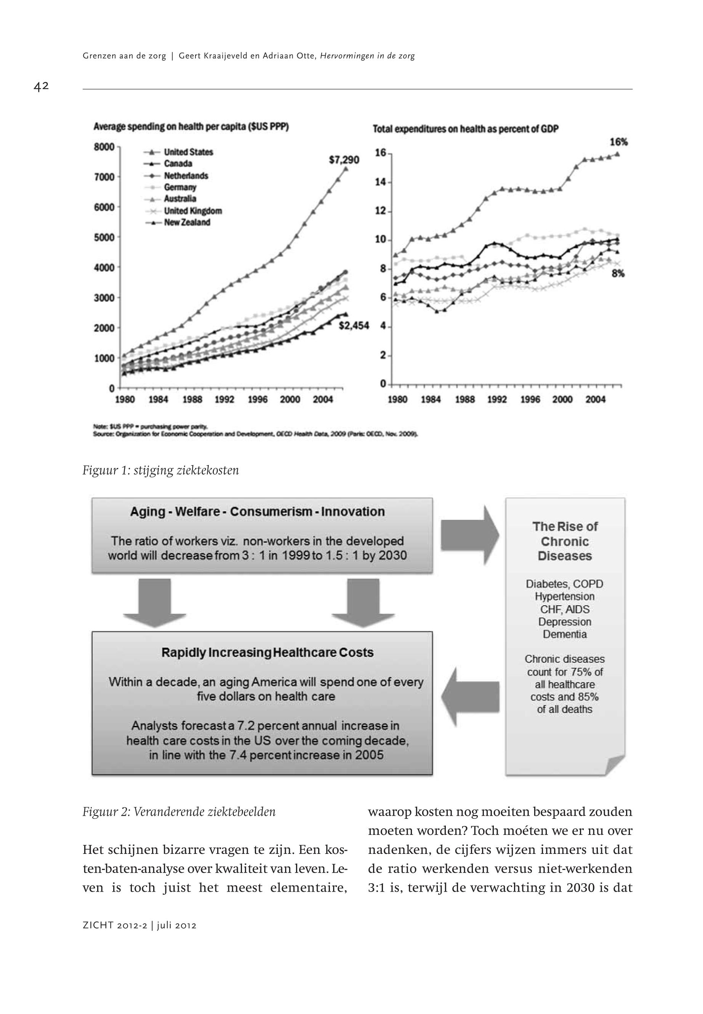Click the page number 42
(x=41, y=87)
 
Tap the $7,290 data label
(x=344, y=160)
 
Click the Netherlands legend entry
(x=186, y=176)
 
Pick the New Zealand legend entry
(x=187, y=223)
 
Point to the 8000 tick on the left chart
(x=104, y=147)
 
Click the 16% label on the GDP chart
(x=618, y=142)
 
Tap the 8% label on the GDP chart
(x=618, y=274)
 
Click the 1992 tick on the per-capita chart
(x=225, y=400)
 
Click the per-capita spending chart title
(x=191, y=127)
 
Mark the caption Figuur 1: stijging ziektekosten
(x=161, y=471)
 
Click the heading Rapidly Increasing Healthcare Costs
(x=267, y=653)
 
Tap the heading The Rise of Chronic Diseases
(x=565, y=541)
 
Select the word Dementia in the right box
(x=565, y=634)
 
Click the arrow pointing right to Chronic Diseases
(x=469, y=534)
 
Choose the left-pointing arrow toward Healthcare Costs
(x=469, y=697)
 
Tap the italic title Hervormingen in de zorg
(x=367, y=56)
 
